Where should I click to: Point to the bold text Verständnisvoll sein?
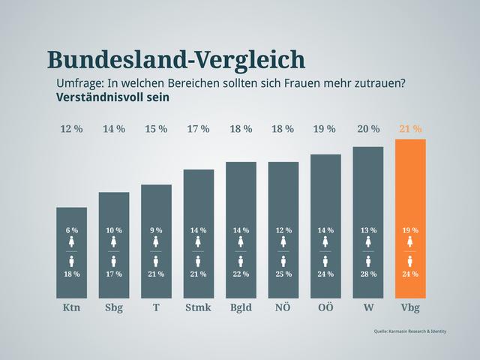point(112,97)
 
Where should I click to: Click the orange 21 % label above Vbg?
point(410,129)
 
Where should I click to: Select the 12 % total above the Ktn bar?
point(71,129)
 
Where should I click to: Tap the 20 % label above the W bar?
point(368,129)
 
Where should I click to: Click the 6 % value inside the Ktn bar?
point(71,230)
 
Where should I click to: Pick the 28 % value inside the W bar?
point(368,274)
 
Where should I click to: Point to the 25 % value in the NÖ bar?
point(283,274)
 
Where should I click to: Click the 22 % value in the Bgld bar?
point(241,274)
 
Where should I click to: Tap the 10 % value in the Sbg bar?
point(114,230)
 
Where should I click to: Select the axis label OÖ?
point(325,307)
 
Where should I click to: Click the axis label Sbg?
point(114,307)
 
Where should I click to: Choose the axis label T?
point(156,307)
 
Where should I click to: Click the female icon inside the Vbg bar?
point(410,242)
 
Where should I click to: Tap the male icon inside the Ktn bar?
point(71,261)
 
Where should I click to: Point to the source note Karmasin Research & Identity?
point(409,331)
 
